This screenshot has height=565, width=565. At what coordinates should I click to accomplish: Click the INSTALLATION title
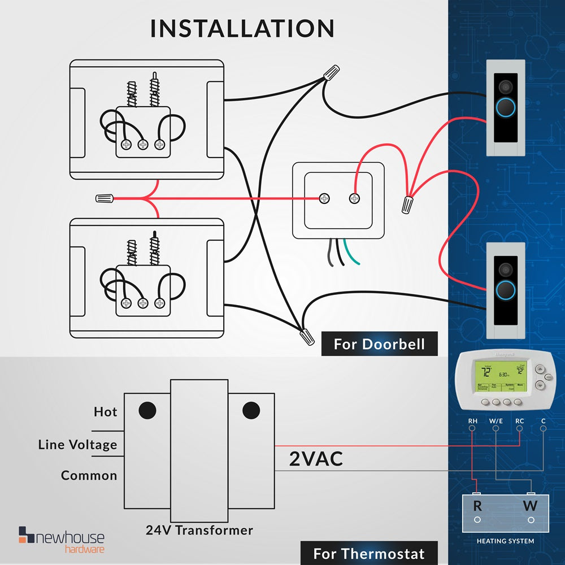[242, 28]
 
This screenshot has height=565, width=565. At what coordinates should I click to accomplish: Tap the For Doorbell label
[379, 344]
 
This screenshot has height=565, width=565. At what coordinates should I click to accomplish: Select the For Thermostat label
[368, 553]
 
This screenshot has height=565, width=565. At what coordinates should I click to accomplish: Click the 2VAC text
[316, 459]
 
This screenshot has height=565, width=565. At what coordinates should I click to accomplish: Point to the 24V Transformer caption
[199, 531]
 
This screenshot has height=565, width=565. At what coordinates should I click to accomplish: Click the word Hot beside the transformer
[105, 412]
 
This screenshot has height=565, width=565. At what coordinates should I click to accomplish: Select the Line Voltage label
[77, 445]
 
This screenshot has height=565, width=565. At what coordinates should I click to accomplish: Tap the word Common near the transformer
[89, 476]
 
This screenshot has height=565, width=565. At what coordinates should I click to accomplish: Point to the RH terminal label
[473, 421]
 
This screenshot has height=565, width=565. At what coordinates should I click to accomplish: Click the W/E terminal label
[496, 421]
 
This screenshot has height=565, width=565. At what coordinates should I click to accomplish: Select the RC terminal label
[520, 421]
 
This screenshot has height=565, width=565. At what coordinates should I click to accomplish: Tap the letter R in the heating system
[477, 506]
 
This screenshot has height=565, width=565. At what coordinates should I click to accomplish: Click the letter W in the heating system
[530, 506]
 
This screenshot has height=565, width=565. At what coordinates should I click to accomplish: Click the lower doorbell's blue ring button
[505, 290]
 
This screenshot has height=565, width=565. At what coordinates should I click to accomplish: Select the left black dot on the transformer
[147, 410]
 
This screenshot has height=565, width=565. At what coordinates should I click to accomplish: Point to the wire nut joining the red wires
[407, 204]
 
